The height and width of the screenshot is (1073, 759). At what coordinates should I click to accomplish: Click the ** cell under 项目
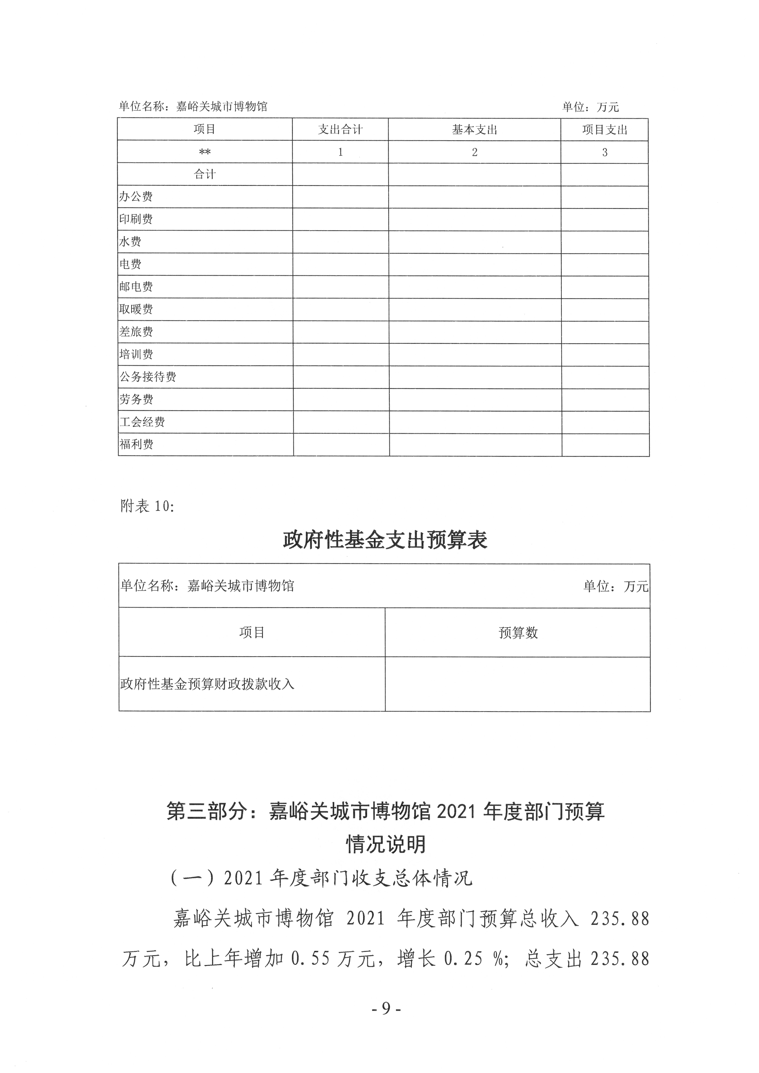[205, 152]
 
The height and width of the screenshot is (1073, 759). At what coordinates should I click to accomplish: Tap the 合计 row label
[205, 174]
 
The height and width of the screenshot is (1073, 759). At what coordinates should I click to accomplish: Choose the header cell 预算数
[518, 633]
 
